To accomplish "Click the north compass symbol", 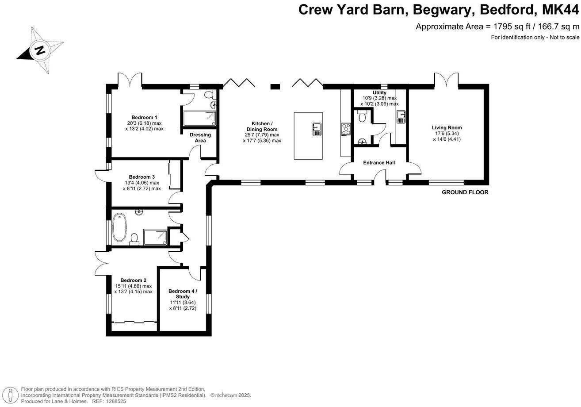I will tap(41, 50).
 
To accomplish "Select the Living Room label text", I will tap(447, 128).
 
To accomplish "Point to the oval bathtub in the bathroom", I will tap(119, 227).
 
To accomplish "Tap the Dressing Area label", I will tap(200, 138).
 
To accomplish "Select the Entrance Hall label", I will tap(379, 163).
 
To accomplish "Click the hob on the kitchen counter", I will tap(345, 129).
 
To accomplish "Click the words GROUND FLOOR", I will tap(465, 192).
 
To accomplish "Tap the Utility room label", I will tap(379, 93).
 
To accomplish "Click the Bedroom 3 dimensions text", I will tap(141, 185).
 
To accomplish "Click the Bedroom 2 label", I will tap(133, 280).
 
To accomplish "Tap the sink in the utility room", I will tap(401, 116).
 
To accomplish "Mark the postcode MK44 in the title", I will tap(558, 9).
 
